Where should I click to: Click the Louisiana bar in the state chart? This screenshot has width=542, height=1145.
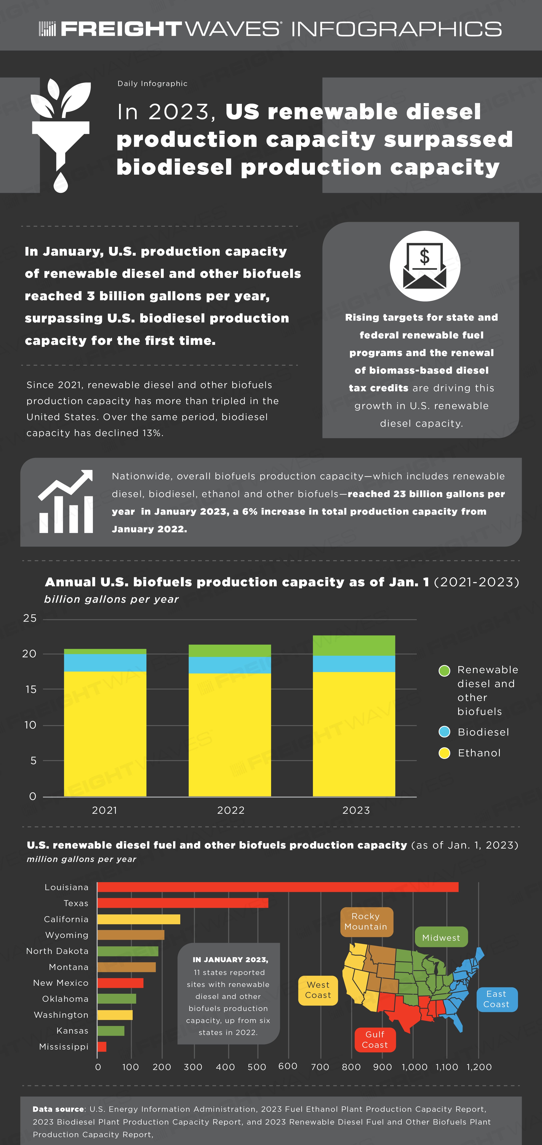[278, 887]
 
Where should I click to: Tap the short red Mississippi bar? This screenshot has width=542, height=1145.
[102, 1047]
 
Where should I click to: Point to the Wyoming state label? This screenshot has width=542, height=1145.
[67, 935]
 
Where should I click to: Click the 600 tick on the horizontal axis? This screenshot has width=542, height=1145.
[288, 1066]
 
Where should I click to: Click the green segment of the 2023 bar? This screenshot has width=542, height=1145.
[354, 645]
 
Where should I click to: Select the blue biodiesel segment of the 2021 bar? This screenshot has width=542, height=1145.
[105, 663]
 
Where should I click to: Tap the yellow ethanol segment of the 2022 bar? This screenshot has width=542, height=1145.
[230, 735]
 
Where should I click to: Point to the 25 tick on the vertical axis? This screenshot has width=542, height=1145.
[30, 618]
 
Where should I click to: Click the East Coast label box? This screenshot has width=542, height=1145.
[497, 999]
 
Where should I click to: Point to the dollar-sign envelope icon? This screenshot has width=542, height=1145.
[425, 266]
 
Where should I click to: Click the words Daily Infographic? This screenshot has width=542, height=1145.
[152, 84]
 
